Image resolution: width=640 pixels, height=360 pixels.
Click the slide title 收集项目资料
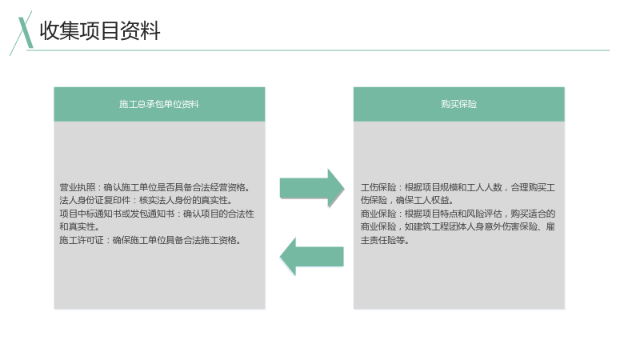tap(100, 30)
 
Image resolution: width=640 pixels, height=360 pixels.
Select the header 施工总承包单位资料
tap(159, 104)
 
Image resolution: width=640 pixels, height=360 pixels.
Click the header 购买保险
tap(458, 104)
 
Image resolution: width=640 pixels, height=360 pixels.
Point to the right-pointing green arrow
tap(312, 188)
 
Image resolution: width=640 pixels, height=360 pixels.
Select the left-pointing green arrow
tap(312, 256)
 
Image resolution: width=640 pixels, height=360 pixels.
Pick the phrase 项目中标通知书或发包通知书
tap(117, 214)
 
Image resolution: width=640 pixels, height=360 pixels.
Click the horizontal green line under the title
tap(318, 50)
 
